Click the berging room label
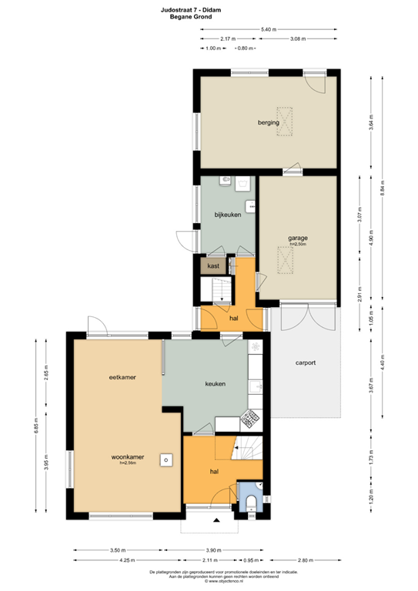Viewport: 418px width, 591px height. (x=269, y=122)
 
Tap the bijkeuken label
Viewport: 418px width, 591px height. (x=228, y=215)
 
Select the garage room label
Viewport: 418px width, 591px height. (x=298, y=239)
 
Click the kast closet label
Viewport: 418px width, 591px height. (x=213, y=265)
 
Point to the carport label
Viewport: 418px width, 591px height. (x=306, y=362)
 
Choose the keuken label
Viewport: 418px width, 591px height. (x=215, y=383)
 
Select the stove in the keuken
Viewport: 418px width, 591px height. (x=251, y=420)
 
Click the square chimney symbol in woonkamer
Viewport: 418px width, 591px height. (x=165, y=459)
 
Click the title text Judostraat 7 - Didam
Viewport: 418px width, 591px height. (x=209, y=7)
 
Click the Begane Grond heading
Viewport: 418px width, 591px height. (x=209, y=15)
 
